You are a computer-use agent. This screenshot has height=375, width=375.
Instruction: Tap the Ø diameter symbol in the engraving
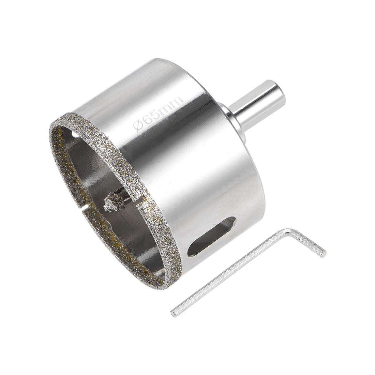139,124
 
